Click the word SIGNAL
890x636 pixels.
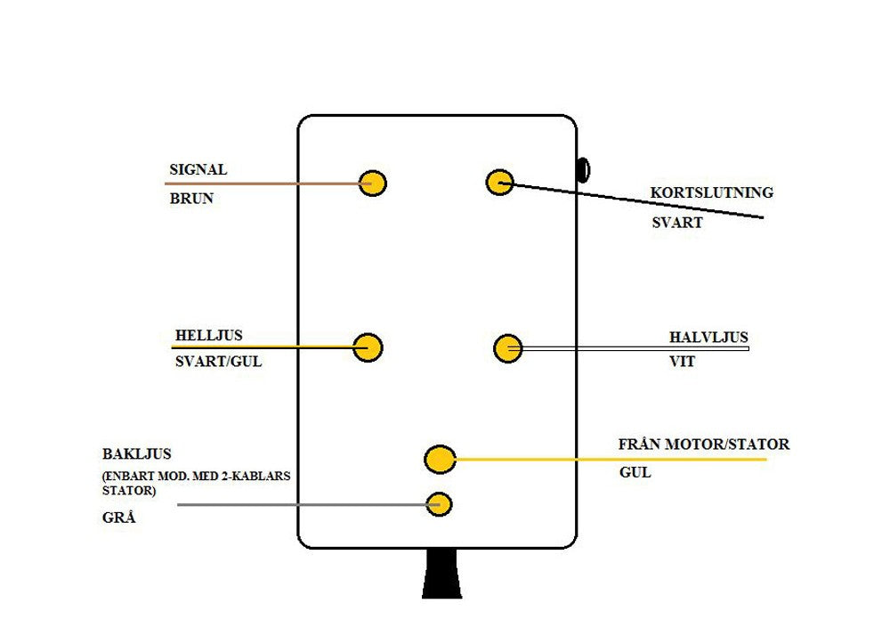pyautogui.click(x=198, y=169)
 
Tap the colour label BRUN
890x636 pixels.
pyautogui.click(x=191, y=199)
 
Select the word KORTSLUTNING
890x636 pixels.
pyautogui.click(x=711, y=192)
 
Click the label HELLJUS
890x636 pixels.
pyautogui.click(x=208, y=336)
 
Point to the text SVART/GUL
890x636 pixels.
pyautogui.click(x=219, y=362)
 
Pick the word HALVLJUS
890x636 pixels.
pyautogui.click(x=708, y=338)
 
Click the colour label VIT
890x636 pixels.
pyautogui.click(x=682, y=363)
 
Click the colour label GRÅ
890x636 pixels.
pyautogui.click(x=119, y=517)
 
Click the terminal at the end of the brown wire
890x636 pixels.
pyautogui.click(x=372, y=183)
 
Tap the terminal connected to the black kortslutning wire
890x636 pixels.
pyautogui.click(x=499, y=183)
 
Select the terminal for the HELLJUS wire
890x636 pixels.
pyautogui.click(x=368, y=347)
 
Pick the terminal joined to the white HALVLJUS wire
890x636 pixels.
pyautogui.click(x=507, y=348)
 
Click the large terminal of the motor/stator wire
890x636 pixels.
pyautogui.click(x=440, y=460)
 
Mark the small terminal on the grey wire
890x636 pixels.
pyautogui.click(x=439, y=504)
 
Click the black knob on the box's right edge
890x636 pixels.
pyautogui.click(x=583, y=169)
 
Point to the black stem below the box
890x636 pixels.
pyautogui.click(x=441, y=574)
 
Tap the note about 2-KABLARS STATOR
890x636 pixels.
pyautogui.click(x=197, y=482)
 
